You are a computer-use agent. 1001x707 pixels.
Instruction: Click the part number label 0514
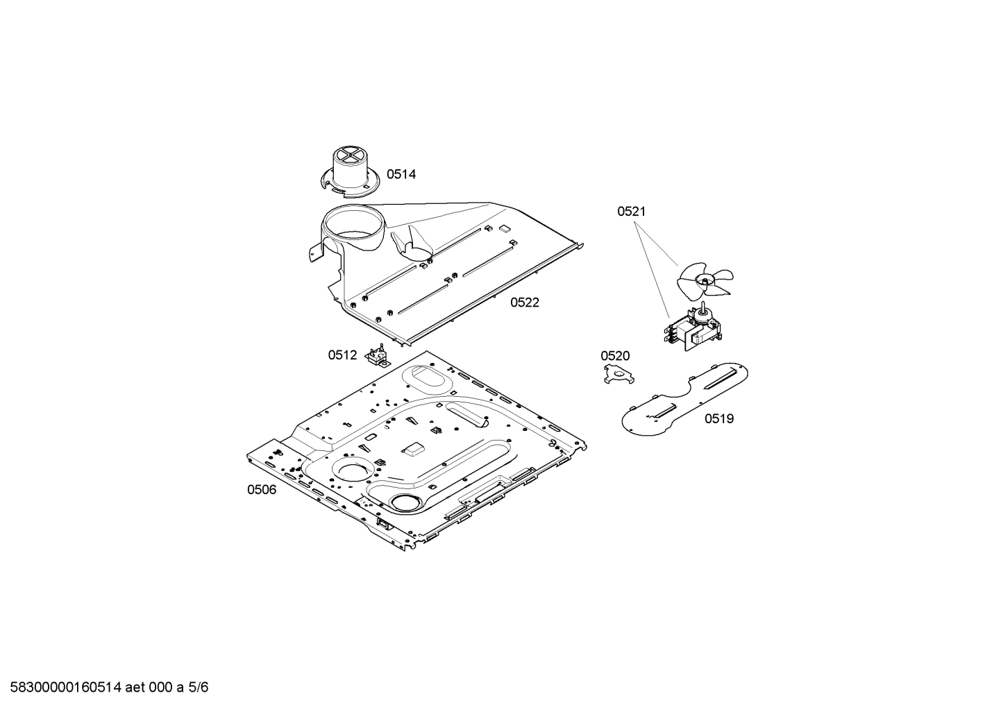pyautogui.click(x=401, y=174)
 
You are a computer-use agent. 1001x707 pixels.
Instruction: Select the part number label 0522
pyautogui.click(x=525, y=303)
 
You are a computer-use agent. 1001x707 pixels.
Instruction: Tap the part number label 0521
pyautogui.click(x=632, y=211)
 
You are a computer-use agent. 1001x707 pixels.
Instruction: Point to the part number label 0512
pyautogui.click(x=342, y=355)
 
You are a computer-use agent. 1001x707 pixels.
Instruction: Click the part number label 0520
pyautogui.click(x=615, y=356)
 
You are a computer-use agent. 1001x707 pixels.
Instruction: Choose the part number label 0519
pyautogui.click(x=719, y=418)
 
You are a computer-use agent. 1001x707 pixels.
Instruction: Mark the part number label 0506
pyautogui.click(x=262, y=490)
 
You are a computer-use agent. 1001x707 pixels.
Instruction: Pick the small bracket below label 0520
pyautogui.click(x=619, y=374)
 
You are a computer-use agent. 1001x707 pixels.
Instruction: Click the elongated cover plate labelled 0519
pyautogui.click(x=685, y=399)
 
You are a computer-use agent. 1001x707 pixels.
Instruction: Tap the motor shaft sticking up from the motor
pyautogui.click(x=703, y=308)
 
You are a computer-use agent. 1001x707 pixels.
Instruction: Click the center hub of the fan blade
pyautogui.click(x=705, y=281)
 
